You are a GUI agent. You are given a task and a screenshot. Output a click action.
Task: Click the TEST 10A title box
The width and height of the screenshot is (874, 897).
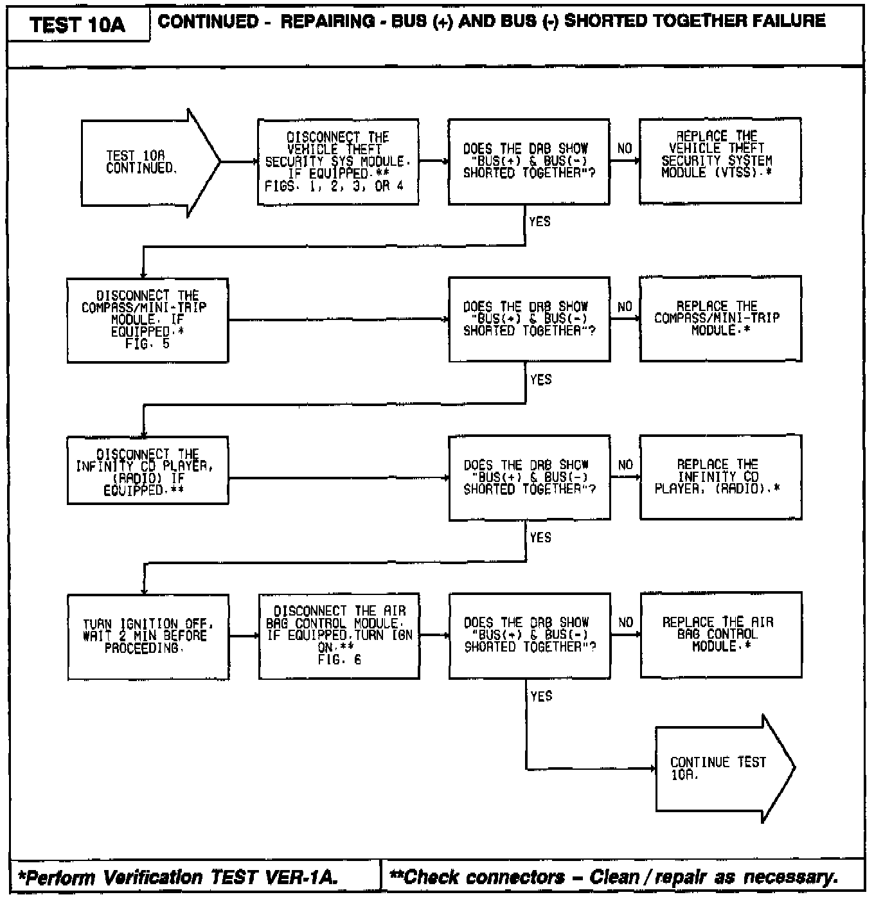pos(78,25)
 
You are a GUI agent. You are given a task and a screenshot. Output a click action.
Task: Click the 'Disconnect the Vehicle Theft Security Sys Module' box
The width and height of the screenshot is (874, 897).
pos(338,162)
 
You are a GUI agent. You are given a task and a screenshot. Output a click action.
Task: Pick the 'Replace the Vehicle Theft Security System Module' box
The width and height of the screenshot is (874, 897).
pos(720,161)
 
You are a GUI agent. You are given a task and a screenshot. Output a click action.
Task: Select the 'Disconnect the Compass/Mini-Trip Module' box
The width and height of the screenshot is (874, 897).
pos(147,320)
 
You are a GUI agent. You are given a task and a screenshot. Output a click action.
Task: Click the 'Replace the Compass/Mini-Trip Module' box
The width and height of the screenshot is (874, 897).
pos(720,319)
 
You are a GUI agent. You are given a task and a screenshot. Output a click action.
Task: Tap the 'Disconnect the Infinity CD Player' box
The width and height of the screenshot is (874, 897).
pos(147,472)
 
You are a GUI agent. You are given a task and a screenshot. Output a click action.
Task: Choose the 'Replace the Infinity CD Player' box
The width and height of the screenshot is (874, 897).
pos(720,477)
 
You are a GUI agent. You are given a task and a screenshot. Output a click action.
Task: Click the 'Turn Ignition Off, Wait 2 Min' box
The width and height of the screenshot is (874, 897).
pos(148,636)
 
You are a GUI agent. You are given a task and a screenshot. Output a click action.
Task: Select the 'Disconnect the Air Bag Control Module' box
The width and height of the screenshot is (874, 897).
pos(339,635)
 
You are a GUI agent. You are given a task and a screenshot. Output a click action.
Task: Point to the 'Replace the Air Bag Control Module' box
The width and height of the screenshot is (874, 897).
pos(720,635)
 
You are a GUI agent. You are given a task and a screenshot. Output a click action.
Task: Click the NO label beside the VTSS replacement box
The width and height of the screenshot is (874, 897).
pos(625,148)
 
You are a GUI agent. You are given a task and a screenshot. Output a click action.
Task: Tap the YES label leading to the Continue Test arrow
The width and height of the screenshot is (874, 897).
pos(541,696)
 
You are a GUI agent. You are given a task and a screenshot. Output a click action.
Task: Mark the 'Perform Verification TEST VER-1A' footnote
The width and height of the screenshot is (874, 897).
pos(177,878)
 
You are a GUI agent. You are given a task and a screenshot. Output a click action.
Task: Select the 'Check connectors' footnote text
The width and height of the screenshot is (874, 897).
pos(614,878)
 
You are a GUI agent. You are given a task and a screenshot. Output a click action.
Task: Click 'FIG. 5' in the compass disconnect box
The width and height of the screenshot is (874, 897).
pos(147,344)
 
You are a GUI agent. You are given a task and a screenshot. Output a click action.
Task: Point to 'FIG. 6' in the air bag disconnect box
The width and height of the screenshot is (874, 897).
pos(339,660)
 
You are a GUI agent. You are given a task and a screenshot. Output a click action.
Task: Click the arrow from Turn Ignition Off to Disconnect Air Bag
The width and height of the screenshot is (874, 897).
pos(244,636)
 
